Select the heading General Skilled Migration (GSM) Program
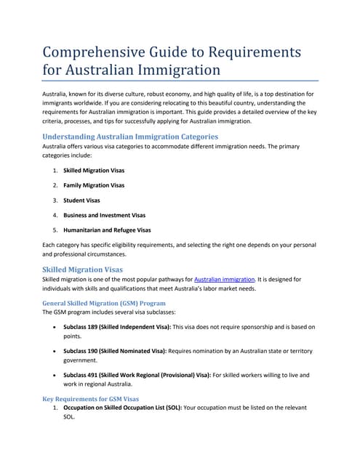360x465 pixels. coord(105,302)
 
